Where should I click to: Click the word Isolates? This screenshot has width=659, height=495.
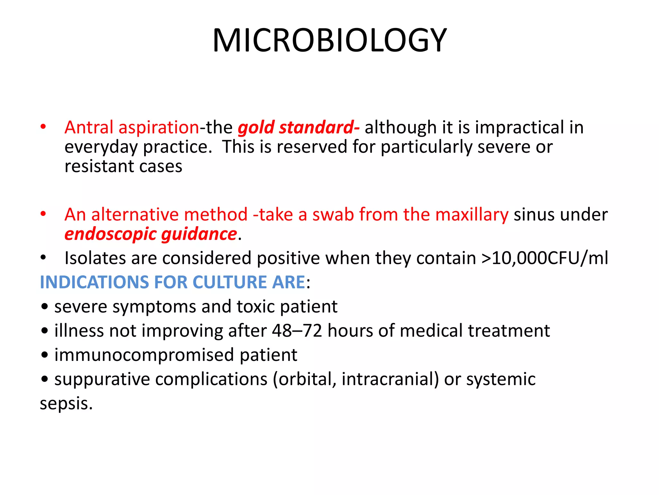click(95, 258)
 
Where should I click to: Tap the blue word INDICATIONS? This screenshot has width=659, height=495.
click(94, 282)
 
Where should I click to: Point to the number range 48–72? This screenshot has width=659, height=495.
click(297, 331)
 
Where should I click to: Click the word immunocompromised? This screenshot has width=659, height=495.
click(144, 355)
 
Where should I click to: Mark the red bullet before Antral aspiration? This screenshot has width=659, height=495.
click(43, 127)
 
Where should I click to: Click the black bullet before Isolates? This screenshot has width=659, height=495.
click(43, 258)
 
